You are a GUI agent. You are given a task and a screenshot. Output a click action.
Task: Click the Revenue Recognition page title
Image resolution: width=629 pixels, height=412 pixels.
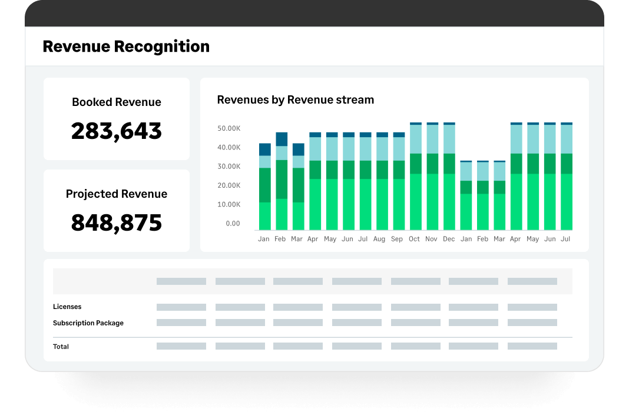tap(126, 46)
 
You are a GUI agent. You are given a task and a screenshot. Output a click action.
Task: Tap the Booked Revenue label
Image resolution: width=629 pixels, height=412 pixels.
tap(117, 102)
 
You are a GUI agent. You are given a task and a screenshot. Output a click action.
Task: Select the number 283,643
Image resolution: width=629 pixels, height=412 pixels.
tap(117, 131)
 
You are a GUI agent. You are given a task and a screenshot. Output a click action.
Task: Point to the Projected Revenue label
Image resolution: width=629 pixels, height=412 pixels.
tap(117, 194)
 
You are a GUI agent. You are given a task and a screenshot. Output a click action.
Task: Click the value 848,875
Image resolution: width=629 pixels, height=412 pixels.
tap(117, 222)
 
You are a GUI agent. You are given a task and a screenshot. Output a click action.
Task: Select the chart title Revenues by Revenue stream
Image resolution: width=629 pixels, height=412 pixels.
tap(296, 100)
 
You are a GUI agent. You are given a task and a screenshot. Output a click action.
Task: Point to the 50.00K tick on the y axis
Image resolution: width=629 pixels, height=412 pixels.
tap(229, 128)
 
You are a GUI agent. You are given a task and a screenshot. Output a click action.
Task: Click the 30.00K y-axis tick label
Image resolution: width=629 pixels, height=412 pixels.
tap(229, 167)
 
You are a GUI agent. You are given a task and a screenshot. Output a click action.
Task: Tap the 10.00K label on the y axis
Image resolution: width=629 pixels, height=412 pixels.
tap(229, 205)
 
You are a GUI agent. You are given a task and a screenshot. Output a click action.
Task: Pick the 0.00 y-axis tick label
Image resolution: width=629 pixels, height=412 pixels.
tap(233, 224)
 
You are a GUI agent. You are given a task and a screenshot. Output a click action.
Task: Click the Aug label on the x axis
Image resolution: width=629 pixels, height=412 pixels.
tap(379, 240)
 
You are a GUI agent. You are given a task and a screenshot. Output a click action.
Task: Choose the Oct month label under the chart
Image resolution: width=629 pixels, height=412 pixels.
tap(414, 240)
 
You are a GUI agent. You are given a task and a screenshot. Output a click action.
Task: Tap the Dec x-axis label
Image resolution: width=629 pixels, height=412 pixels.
tap(449, 240)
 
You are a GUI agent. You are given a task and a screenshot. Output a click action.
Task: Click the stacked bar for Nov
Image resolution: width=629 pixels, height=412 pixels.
tap(432, 177)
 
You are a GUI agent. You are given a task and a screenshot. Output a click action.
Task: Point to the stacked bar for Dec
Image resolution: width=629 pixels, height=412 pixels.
tap(449, 177)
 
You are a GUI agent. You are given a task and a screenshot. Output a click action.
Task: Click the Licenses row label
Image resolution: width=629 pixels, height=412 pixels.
tap(67, 307)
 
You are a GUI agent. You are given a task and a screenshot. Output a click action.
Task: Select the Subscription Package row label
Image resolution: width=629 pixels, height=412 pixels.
tap(88, 323)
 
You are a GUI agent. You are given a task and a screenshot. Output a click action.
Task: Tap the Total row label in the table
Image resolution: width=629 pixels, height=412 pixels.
tap(61, 347)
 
